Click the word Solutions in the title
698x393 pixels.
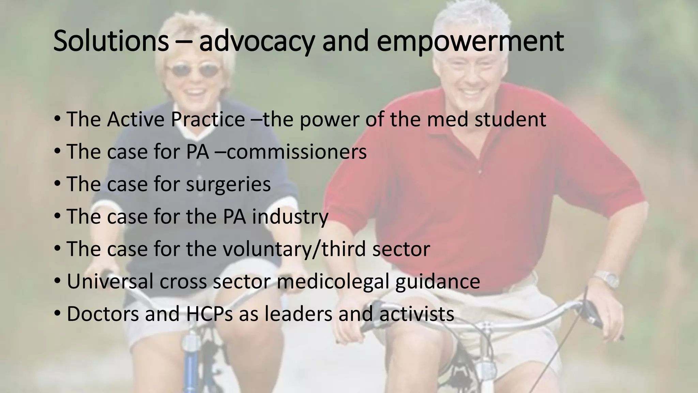click(111, 41)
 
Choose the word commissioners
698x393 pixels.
click(297, 152)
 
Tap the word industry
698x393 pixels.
click(290, 217)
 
